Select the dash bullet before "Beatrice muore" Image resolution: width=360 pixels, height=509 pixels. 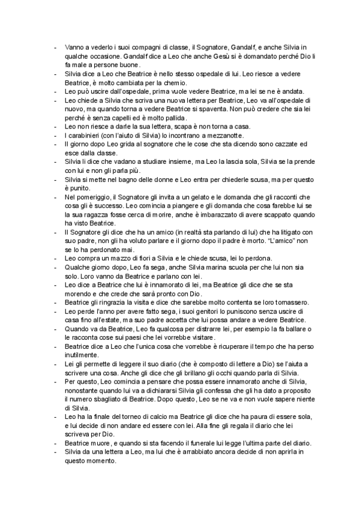(55, 442)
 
